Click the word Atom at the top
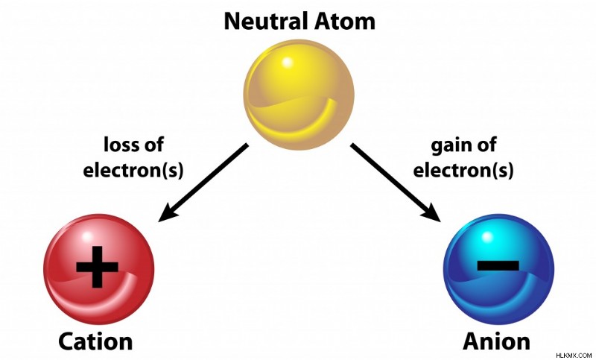[349, 22]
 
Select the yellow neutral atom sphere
[299, 95]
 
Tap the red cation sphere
[99, 269]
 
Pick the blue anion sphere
[499, 269]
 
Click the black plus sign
[98, 267]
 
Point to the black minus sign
[498, 265]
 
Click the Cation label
[95, 341]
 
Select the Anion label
[496, 341]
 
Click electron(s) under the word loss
[133, 170]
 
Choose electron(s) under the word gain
[463, 170]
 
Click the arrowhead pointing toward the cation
[168, 213]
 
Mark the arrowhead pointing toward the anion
[431, 212]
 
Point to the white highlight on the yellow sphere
[288, 62]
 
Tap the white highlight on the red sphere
[88, 236]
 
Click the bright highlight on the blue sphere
[488, 236]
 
